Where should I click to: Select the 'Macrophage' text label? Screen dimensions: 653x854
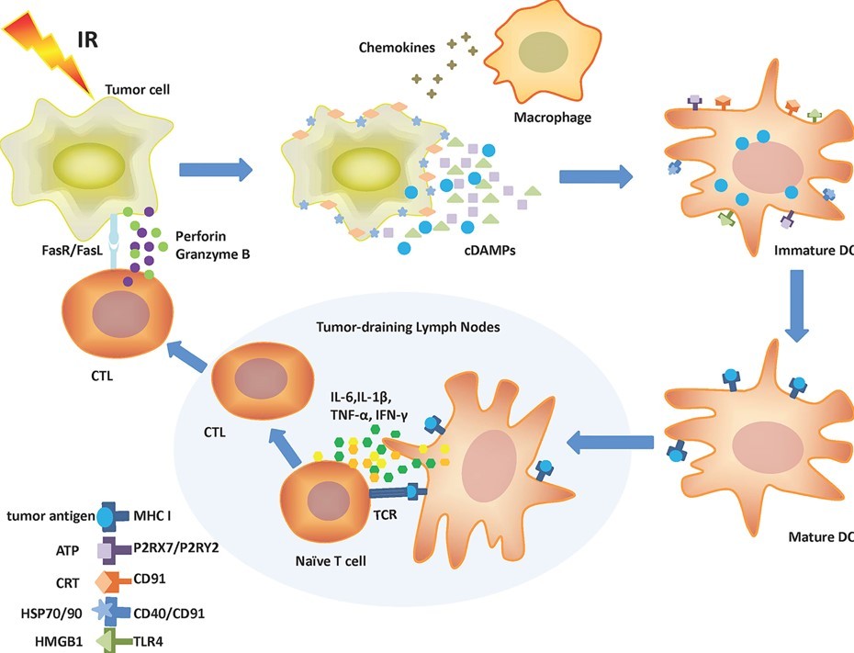[x=553, y=118]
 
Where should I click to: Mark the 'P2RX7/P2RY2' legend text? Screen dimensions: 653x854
[x=181, y=548]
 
